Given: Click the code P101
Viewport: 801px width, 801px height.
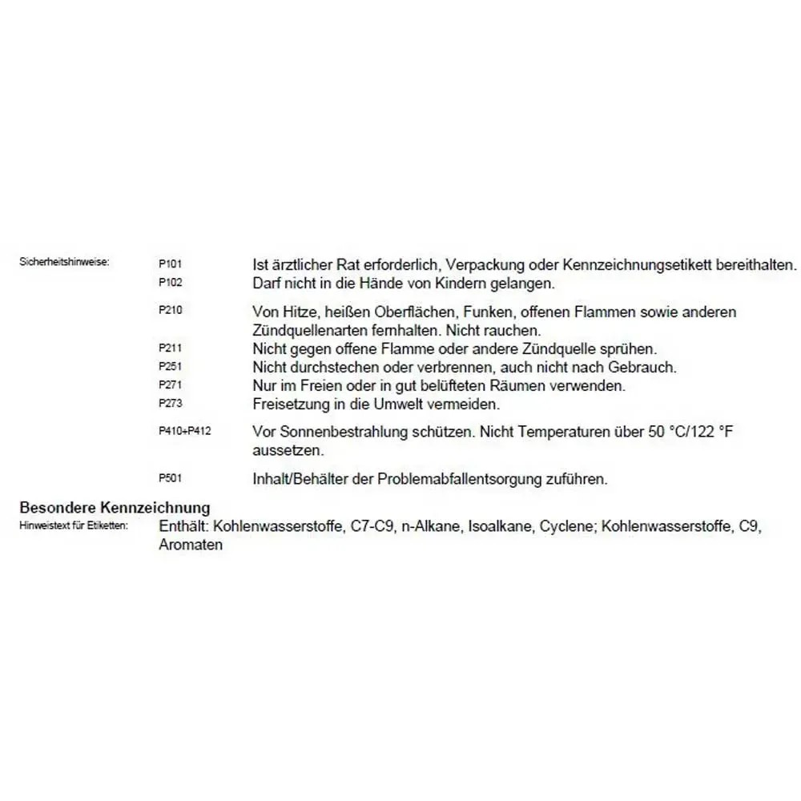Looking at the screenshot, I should coord(171,263).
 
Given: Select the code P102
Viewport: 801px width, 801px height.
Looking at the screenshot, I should coord(171,282).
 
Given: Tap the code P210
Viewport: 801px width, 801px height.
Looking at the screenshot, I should coord(171,310).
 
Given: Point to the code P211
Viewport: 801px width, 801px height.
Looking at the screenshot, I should coord(171,348).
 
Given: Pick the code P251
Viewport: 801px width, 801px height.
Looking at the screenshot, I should coord(171,367).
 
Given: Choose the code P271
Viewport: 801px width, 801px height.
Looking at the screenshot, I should coord(171,385).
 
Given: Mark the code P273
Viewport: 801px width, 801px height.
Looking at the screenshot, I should coord(171,404).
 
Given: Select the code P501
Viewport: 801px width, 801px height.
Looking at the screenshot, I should coord(171,478).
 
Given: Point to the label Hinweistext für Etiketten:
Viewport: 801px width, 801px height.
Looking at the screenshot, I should coord(74,526).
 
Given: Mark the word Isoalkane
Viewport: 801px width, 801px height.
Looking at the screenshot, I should coord(502,527).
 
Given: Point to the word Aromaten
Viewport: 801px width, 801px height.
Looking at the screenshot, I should coord(191,545).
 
